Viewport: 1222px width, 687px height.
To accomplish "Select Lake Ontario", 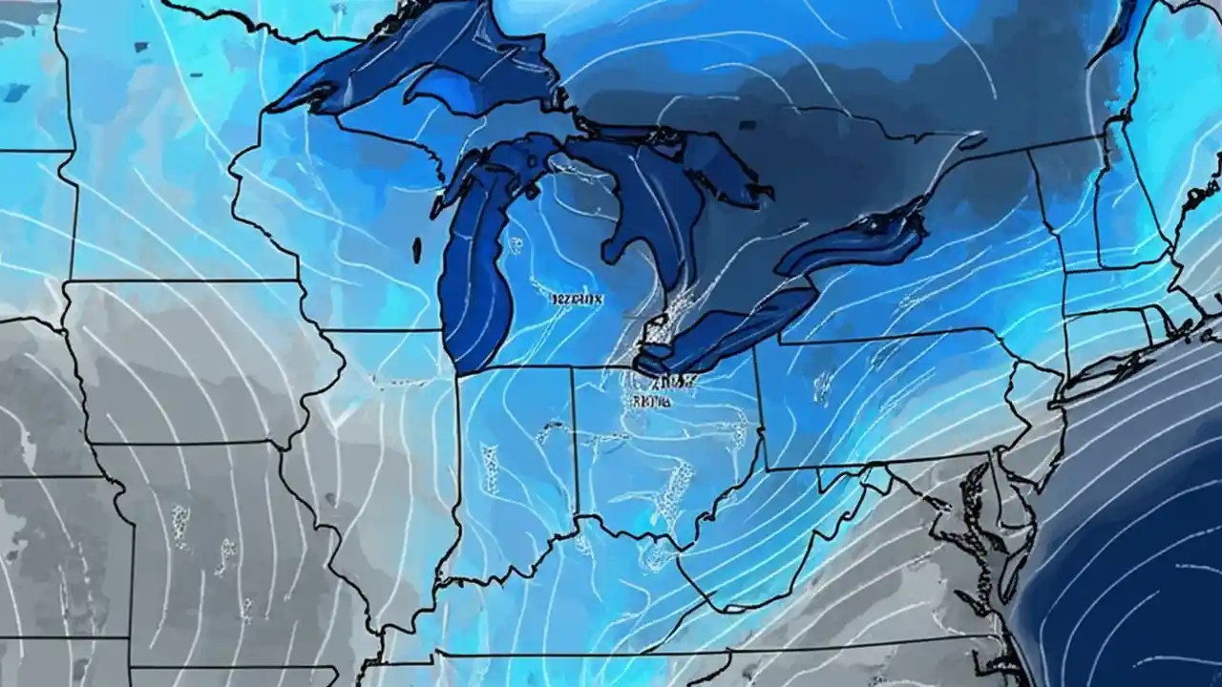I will (859, 243).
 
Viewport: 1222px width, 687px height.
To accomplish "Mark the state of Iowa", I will (191, 363).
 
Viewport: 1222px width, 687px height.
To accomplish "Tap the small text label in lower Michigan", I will (578, 299).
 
